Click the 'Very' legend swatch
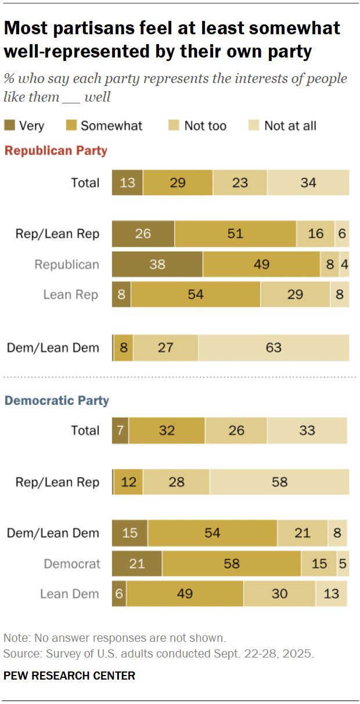(10, 125)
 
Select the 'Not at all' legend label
(290, 125)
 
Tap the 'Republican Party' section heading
(56, 151)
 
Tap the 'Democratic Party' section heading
(57, 400)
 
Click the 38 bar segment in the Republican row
(157, 265)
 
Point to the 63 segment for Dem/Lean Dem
(273, 348)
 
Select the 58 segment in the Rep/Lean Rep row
(279, 482)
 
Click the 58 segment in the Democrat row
(231, 563)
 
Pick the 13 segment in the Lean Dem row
(331, 594)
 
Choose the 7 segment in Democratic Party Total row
(120, 430)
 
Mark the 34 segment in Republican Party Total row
(308, 183)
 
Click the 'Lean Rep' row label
(71, 295)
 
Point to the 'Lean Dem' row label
(70, 594)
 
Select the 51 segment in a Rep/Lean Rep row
(235, 234)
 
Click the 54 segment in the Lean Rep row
(196, 295)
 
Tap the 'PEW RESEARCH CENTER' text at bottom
(69, 676)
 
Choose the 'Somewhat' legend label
(111, 125)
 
